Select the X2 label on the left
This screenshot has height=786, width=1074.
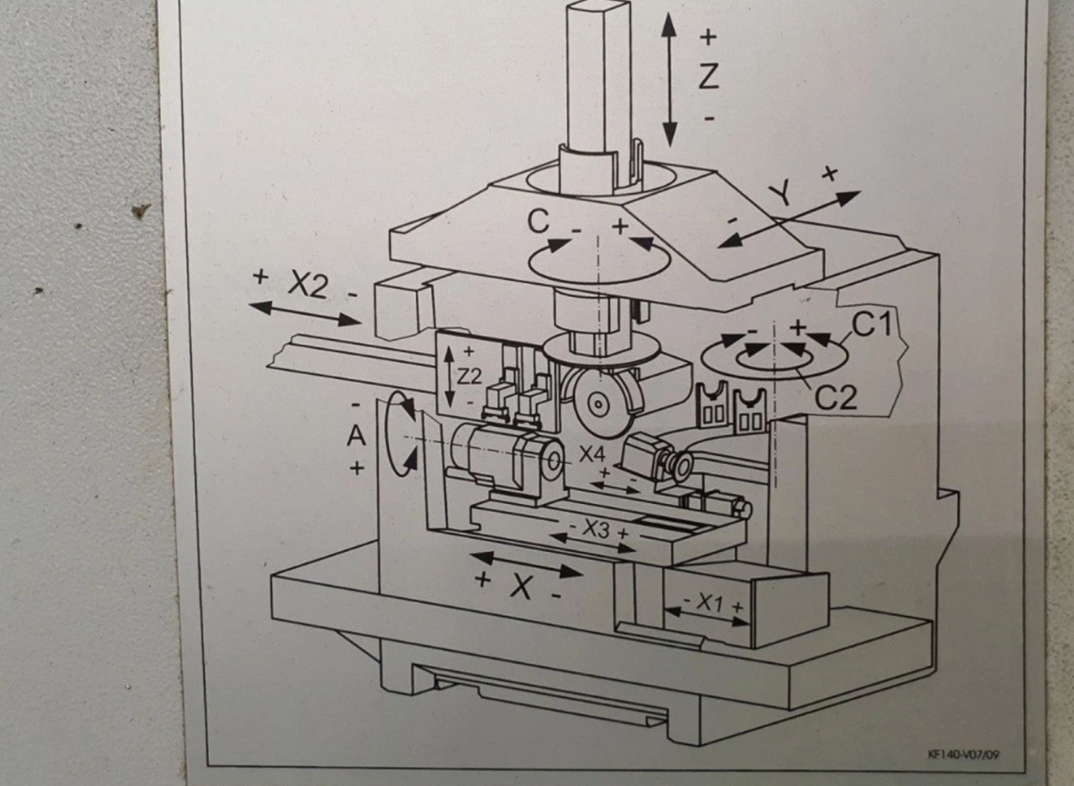[307, 285]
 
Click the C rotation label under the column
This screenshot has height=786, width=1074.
[539, 221]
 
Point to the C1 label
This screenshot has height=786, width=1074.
[874, 324]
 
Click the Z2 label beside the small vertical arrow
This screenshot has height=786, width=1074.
[470, 377]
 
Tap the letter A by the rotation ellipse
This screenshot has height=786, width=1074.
[357, 435]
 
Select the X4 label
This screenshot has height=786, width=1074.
[592, 455]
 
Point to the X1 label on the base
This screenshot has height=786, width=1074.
[711, 602]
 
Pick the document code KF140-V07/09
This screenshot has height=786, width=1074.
[963, 754]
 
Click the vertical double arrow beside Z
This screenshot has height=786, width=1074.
[669, 80]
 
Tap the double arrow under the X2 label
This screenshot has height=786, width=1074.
[305, 313]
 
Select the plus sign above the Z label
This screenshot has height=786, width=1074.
[709, 37]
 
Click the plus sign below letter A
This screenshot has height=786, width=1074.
[357, 468]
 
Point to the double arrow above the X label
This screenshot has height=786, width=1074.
[525, 564]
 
